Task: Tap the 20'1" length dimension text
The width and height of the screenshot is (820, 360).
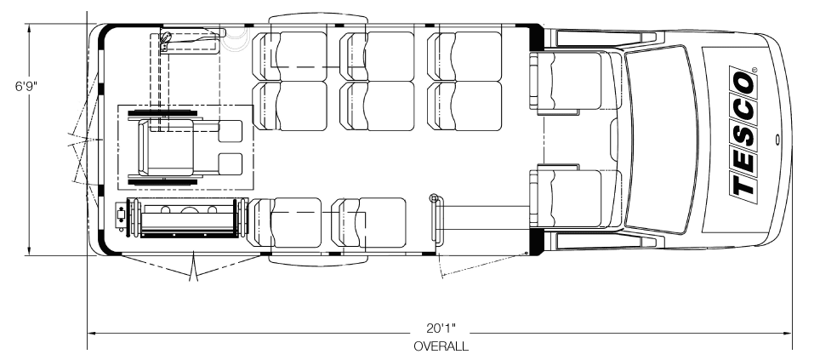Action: point(441,328)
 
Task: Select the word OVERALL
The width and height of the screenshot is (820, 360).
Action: point(441,346)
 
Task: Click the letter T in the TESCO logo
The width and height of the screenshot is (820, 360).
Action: point(743,184)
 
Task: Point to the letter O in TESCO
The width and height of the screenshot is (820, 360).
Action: point(743,83)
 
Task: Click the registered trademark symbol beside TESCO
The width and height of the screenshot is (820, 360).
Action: point(755,69)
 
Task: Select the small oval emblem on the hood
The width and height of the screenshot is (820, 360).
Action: point(777,140)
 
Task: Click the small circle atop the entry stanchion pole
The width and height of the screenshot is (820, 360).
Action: point(433,197)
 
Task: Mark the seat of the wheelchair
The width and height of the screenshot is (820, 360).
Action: point(168,146)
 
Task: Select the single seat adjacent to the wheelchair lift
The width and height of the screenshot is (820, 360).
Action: point(286,222)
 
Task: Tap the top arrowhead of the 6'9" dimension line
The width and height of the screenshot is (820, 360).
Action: point(30,29)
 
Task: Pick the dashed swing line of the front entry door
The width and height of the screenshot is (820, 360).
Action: point(482,264)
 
